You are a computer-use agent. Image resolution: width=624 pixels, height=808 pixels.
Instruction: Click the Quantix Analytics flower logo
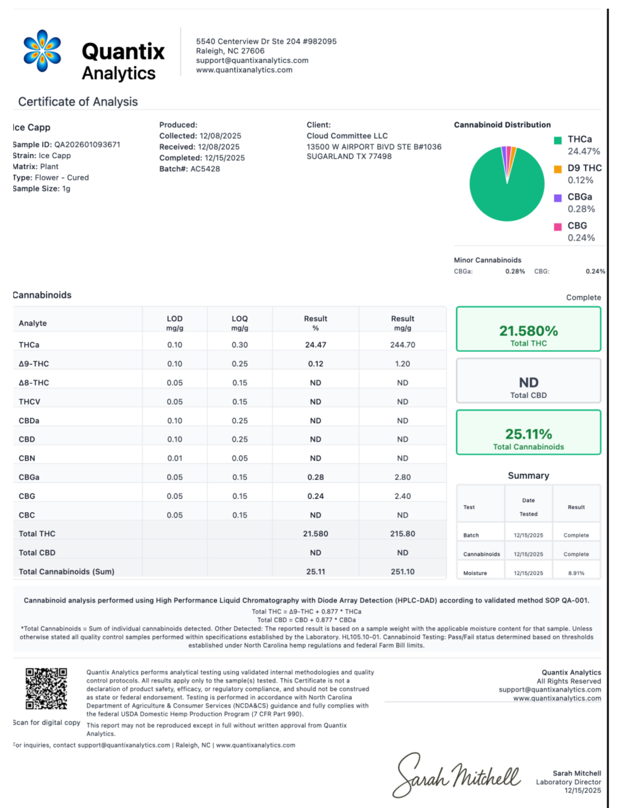click(x=42, y=51)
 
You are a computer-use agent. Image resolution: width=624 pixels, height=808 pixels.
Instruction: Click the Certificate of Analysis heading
click(x=78, y=102)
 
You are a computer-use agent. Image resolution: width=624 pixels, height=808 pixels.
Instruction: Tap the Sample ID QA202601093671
click(x=87, y=145)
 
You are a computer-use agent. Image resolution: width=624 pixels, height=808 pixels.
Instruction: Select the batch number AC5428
click(x=205, y=169)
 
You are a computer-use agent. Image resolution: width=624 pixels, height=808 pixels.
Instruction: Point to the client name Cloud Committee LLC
click(x=347, y=136)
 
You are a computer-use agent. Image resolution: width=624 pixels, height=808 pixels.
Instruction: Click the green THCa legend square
click(x=558, y=140)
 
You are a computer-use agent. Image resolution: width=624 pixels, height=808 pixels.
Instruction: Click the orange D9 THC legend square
click(x=558, y=169)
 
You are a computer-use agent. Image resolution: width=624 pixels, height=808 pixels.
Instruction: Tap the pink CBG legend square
click(x=558, y=227)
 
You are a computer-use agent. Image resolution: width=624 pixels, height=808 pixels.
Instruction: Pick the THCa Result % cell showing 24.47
click(x=315, y=345)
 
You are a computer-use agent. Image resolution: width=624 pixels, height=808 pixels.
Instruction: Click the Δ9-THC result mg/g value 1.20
click(x=402, y=364)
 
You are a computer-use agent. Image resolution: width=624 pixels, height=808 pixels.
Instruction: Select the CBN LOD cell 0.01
click(x=174, y=458)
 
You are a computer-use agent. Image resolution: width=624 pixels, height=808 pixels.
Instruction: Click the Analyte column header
click(x=33, y=323)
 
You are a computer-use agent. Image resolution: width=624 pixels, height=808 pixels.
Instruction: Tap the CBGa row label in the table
click(x=29, y=477)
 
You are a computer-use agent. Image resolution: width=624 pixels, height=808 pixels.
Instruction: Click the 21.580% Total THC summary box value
click(x=528, y=331)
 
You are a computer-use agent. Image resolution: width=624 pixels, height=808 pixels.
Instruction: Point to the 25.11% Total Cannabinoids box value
click(x=528, y=434)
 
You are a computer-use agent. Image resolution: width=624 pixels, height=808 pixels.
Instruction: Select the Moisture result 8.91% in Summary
click(x=576, y=573)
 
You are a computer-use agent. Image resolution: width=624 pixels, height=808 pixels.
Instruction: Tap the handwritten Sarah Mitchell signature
click(x=456, y=776)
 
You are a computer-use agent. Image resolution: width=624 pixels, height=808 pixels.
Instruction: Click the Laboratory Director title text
click(x=568, y=782)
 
